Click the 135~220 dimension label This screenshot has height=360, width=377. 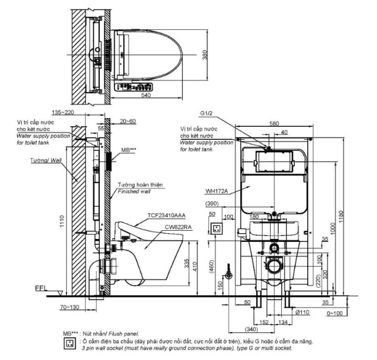(63, 112)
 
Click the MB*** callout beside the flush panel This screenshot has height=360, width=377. (129, 151)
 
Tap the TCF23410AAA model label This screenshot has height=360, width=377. (167, 216)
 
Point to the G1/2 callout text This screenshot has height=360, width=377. (207, 113)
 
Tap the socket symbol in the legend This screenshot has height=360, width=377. (70, 342)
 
